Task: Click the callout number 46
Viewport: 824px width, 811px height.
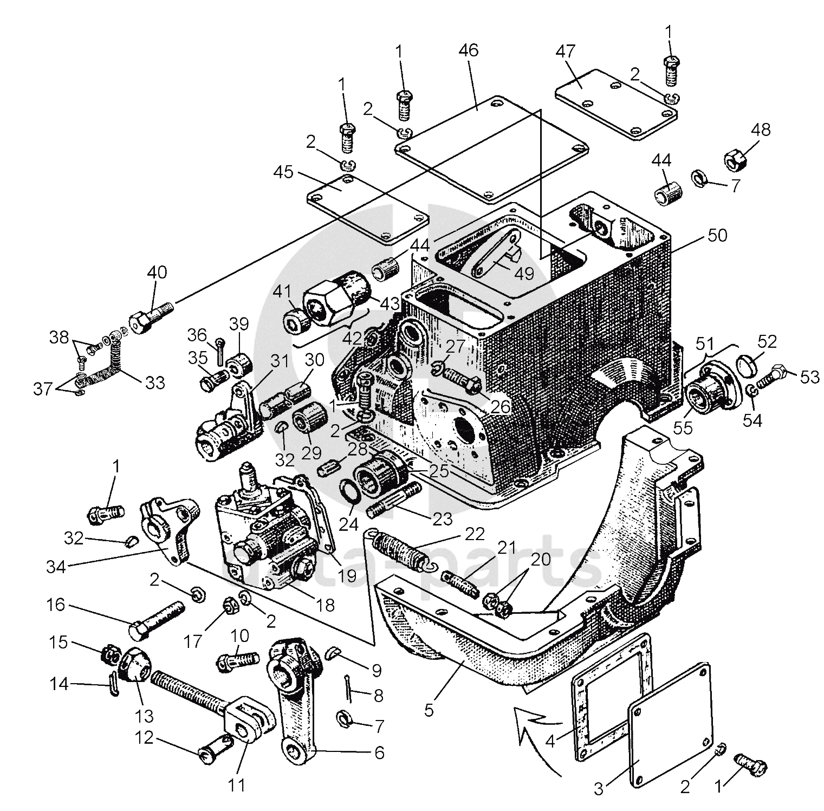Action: coord(469,50)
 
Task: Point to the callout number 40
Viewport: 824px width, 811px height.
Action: coord(157,272)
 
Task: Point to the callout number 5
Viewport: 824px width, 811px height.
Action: coord(429,710)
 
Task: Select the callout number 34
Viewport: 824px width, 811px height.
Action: coord(56,567)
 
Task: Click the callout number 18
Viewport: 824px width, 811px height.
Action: coord(325,605)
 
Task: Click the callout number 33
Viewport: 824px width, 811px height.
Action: coord(155,382)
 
